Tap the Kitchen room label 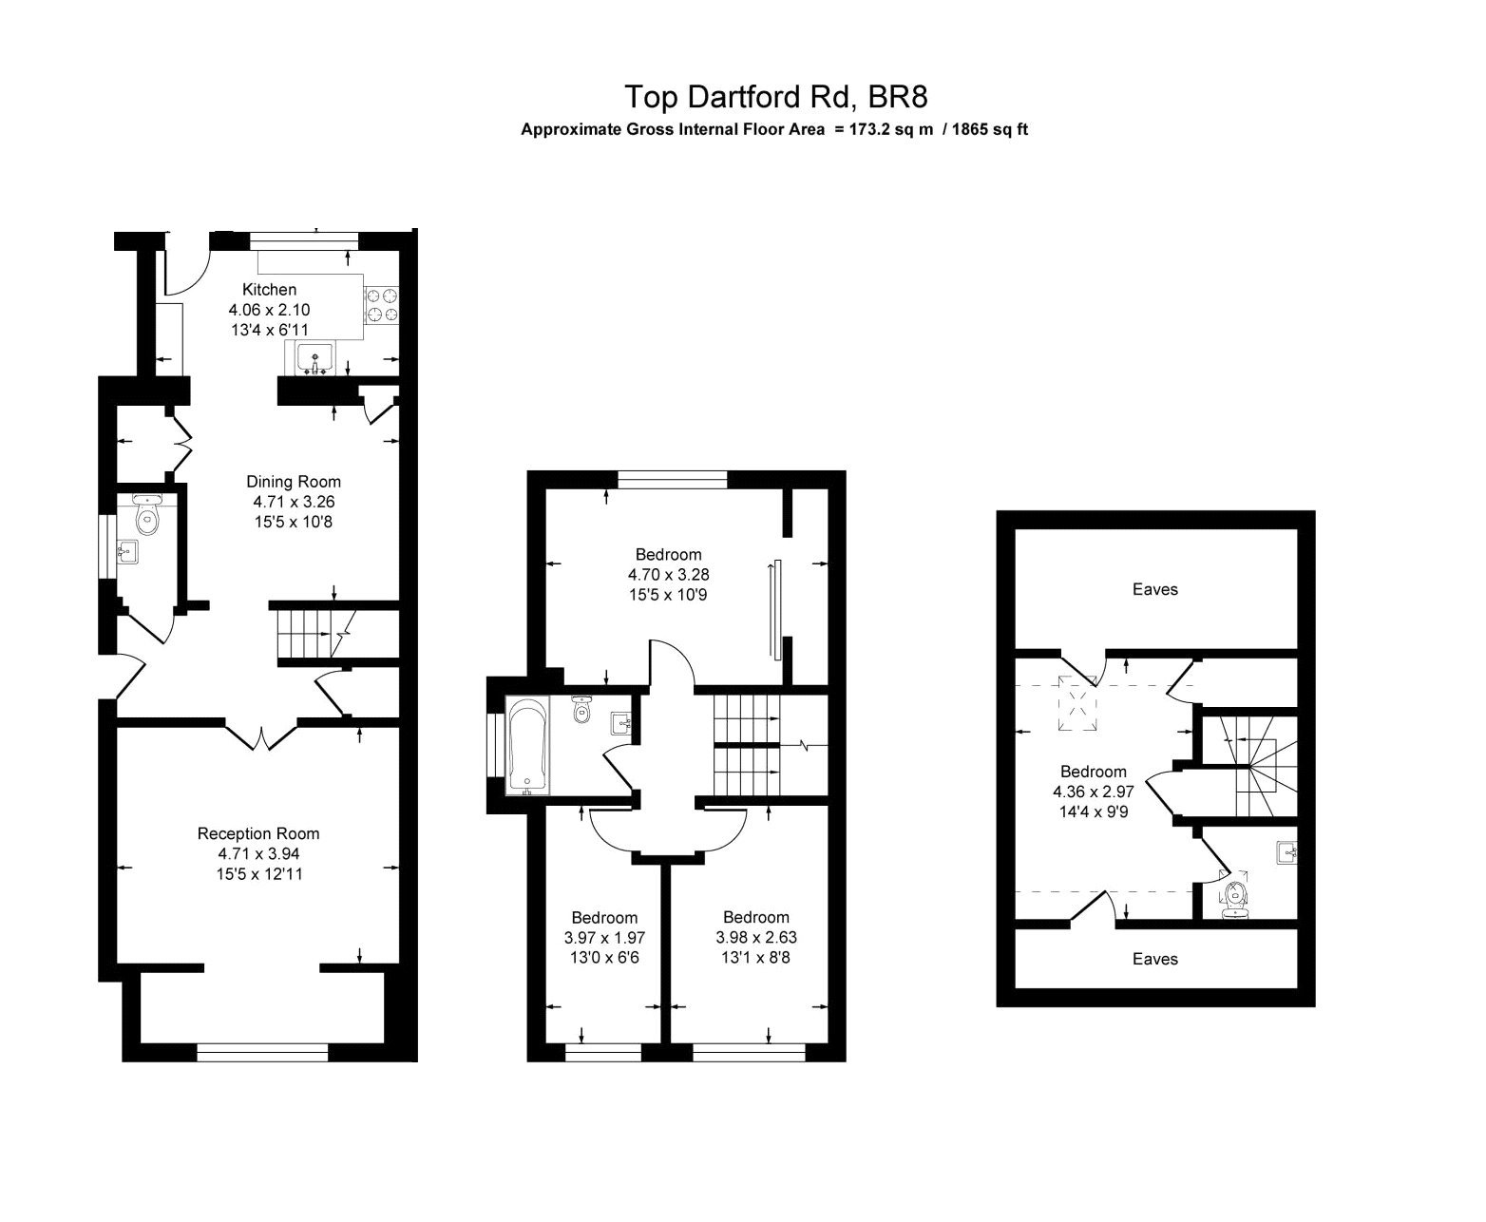click(269, 290)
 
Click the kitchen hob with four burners click(382, 306)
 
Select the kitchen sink click(314, 359)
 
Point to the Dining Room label click(294, 482)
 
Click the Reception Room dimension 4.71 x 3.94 click(258, 853)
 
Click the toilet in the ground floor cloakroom click(146, 516)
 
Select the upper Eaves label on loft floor click(1154, 589)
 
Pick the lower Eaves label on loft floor click(1154, 959)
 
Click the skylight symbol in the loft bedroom click(1078, 704)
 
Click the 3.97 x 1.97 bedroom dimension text click(603, 937)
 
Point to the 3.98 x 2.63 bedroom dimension click(755, 937)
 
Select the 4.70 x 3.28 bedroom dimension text click(668, 574)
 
